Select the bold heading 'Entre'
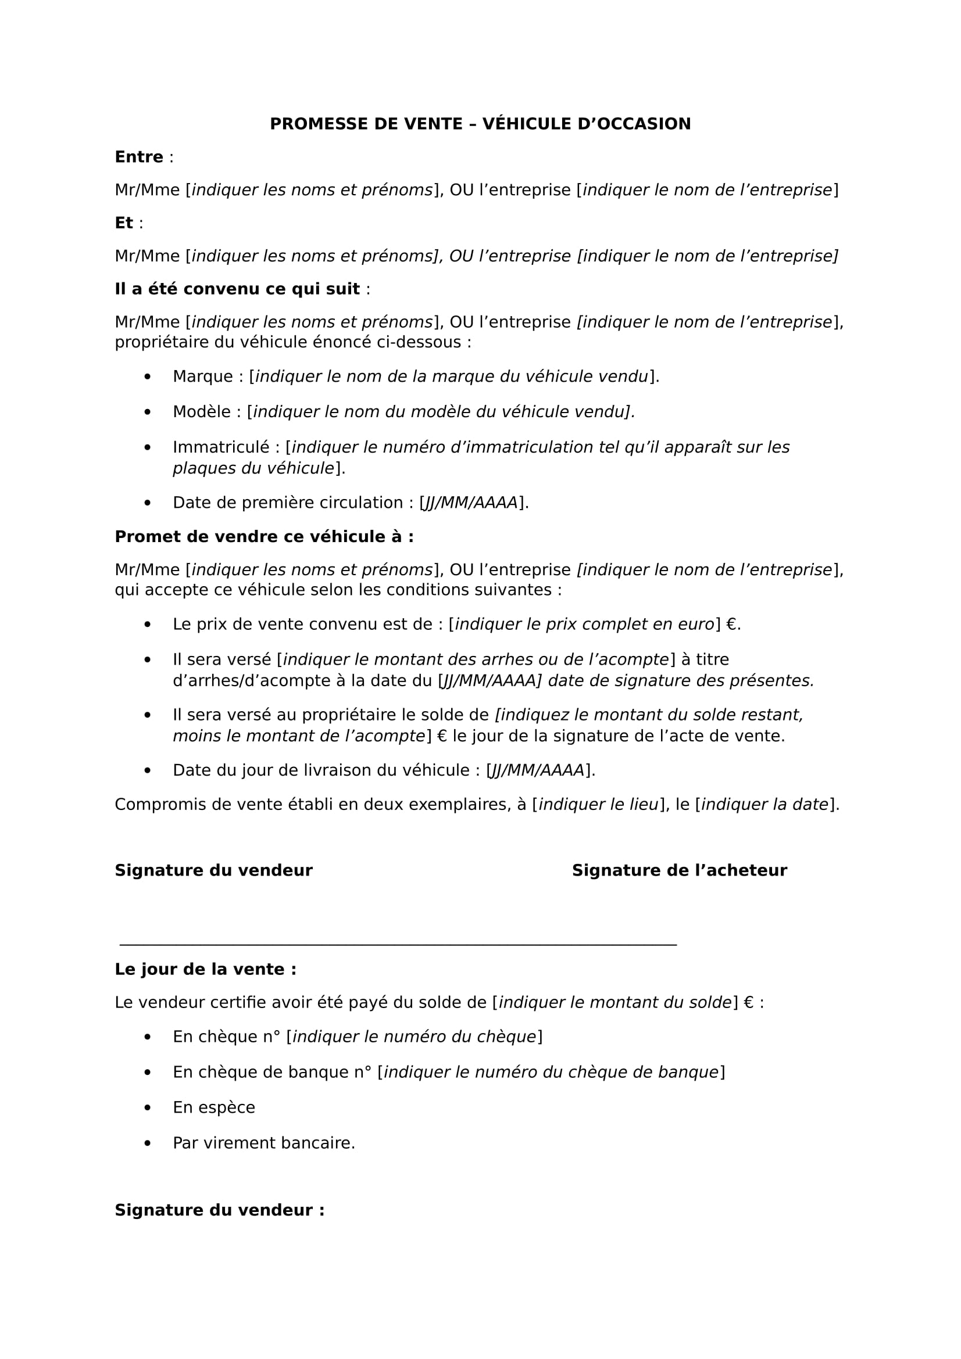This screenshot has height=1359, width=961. pyautogui.click(x=138, y=157)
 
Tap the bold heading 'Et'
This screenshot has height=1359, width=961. pyautogui.click(x=124, y=223)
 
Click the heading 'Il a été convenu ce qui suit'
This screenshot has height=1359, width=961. pyautogui.click(x=237, y=289)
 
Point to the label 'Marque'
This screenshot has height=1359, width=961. pyautogui.click(x=202, y=376)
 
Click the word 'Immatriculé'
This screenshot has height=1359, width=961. pyautogui.click(x=221, y=447)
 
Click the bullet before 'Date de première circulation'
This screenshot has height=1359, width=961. pyautogui.click(x=148, y=503)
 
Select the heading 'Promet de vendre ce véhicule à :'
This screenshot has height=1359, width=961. pyautogui.click(x=264, y=537)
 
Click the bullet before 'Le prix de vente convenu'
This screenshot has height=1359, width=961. pyautogui.click(x=148, y=625)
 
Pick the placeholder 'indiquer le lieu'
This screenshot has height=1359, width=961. pyautogui.click(x=598, y=805)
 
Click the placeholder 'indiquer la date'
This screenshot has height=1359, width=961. pyautogui.click(x=764, y=805)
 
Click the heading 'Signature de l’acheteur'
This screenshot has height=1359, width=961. pyautogui.click(x=679, y=871)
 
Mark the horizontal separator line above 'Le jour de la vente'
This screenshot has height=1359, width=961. pyautogui.click(x=398, y=945)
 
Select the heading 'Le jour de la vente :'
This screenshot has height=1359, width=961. pyautogui.click(x=205, y=970)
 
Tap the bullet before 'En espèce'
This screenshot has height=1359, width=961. pyautogui.click(x=148, y=1108)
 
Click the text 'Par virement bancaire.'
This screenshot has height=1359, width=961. pyautogui.click(x=263, y=1143)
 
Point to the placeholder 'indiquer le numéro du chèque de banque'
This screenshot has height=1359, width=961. pyautogui.click(x=551, y=1073)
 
